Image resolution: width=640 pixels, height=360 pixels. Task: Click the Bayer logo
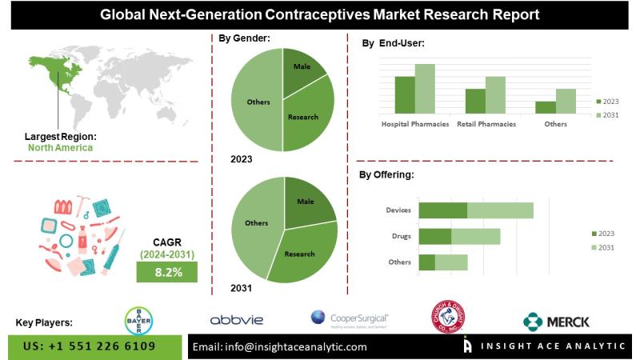[138, 321]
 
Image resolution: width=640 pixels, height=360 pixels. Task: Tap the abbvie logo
[237, 320]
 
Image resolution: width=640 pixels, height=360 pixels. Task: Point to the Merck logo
[557, 322]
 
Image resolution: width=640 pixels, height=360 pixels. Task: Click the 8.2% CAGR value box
[169, 272]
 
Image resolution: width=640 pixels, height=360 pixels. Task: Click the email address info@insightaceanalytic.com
[279, 346]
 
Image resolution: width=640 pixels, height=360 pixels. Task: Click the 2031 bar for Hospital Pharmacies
[425, 89]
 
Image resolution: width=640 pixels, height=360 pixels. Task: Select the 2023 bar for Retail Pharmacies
[475, 101]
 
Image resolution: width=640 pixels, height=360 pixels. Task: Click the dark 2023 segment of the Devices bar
[442, 210]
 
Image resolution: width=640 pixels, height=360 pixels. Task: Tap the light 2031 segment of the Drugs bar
[476, 236]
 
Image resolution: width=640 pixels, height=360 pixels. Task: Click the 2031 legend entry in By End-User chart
[609, 116]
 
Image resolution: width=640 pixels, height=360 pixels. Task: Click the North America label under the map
[60, 148]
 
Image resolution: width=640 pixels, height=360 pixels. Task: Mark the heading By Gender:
[244, 38]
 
